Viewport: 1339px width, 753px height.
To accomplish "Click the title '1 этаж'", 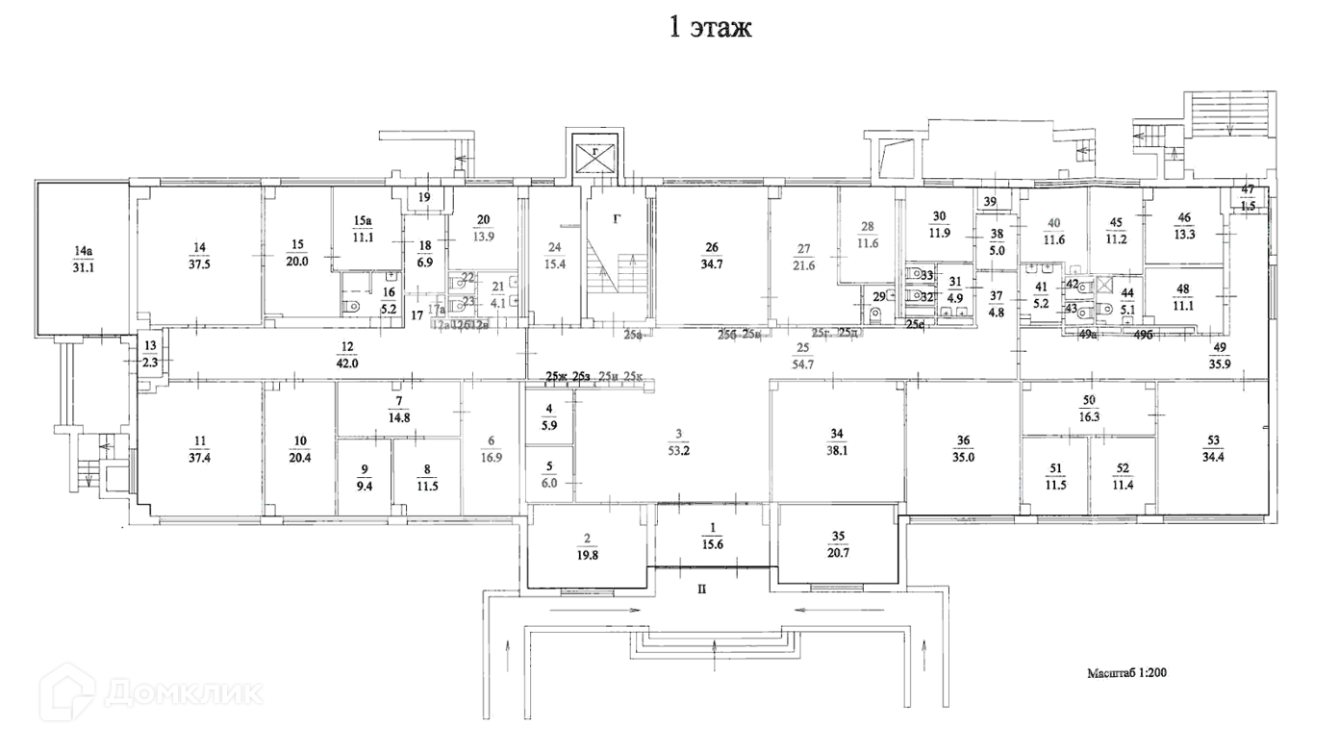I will [710, 28].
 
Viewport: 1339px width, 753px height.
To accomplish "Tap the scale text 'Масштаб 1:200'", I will [1128, 674].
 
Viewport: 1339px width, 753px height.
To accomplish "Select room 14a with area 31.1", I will [84, 260].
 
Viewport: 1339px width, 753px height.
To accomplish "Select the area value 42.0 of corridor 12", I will [347, 364].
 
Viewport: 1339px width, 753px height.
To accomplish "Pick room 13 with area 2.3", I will [150, 354].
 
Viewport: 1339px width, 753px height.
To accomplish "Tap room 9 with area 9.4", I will [364, 479].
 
